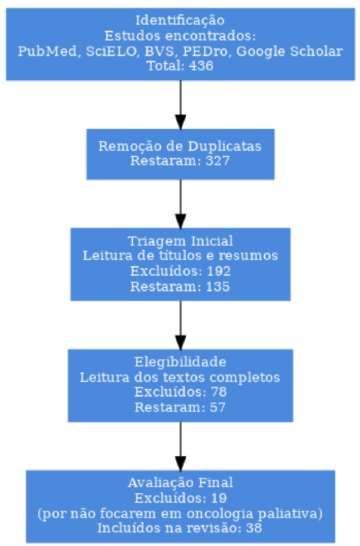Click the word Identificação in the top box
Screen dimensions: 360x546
[x=180, y=21]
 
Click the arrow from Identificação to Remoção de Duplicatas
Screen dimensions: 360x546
[x=180, y=105]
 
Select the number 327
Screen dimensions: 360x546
[x=217, y=161]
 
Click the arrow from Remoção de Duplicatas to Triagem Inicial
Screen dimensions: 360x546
[x=180, y=204]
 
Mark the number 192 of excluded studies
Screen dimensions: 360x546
[x=219, y=271]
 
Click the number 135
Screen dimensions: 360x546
[x=217, y=287]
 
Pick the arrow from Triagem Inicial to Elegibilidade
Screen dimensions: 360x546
[x=180, y=325]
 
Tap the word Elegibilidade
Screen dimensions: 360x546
[x=180, y=362]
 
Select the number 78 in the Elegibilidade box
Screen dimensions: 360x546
[x=219, y=392]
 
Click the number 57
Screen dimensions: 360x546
[x=217, y=407]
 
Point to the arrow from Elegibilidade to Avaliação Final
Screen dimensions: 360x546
[x=180, y=446]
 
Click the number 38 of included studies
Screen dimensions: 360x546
[x=254, y=528]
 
